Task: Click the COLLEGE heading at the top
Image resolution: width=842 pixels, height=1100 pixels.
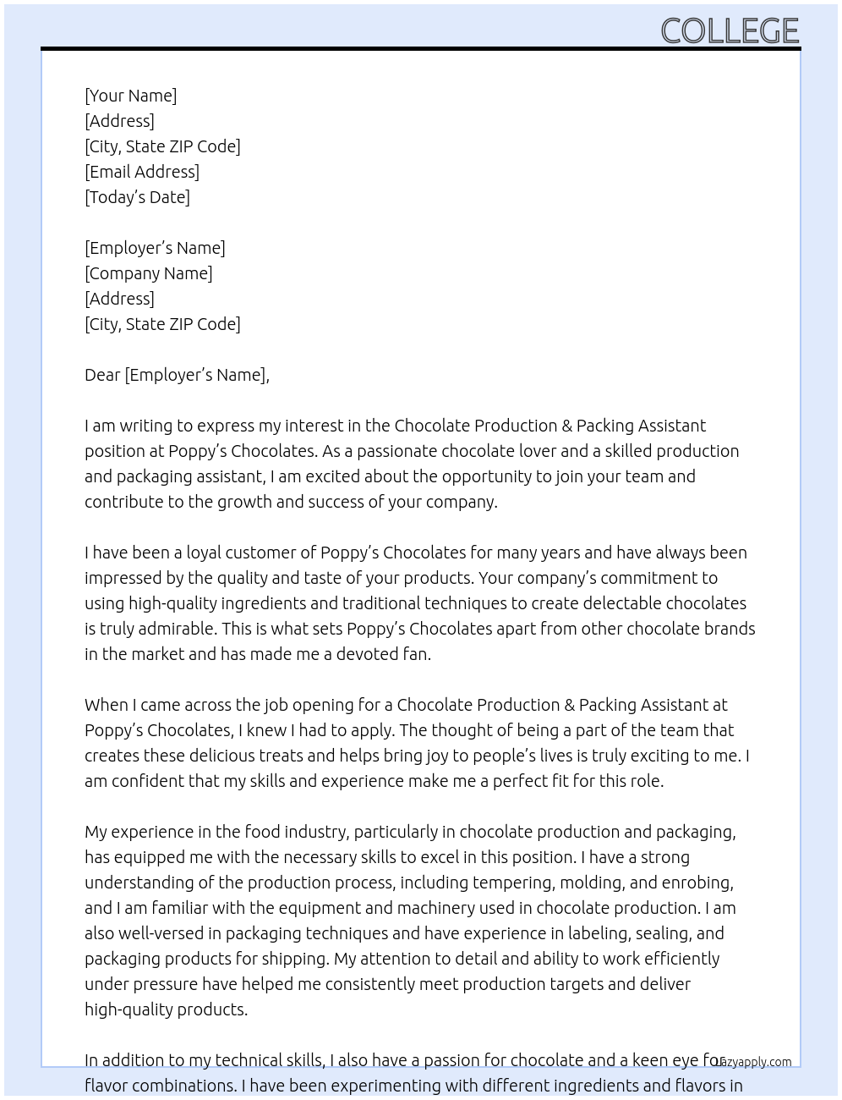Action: click(x=730, y=31)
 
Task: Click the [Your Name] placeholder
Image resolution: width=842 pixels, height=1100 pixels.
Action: click(x=131, y=96)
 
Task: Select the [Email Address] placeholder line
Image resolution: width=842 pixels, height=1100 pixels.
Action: click(x=142, y=172)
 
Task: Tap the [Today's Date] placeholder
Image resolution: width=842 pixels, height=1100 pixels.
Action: click(x=137, y=197)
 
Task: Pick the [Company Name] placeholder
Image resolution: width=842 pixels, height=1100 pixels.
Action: click(x=149, y=273)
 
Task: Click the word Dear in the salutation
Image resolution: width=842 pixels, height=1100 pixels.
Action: click(x=102, y=375)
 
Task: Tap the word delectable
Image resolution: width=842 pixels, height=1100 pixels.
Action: click(x=620, y=603)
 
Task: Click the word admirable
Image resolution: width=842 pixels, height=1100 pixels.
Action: click(x=172, y=629)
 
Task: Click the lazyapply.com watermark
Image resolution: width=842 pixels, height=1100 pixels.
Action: click(x=752, y=1062)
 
